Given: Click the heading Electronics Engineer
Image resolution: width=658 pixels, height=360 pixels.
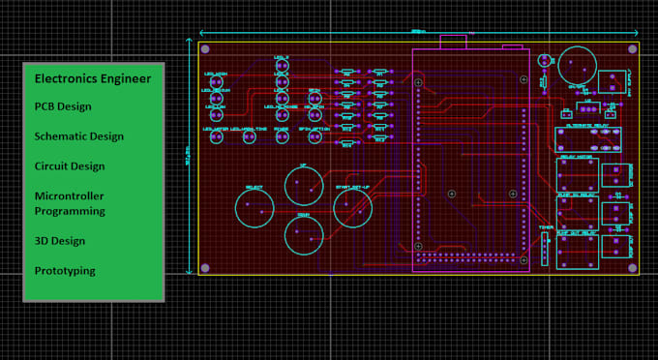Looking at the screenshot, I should click(92, 77).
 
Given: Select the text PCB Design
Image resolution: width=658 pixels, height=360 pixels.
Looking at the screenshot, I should click(63, 106).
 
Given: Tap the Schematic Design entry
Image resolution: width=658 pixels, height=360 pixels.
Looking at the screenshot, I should click(79, 136).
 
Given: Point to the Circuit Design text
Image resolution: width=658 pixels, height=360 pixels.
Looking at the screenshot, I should click(70, 166).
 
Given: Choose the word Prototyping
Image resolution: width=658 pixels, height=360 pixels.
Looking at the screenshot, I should click(65, 271).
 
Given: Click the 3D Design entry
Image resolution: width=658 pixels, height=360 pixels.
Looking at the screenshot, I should click(60, 241).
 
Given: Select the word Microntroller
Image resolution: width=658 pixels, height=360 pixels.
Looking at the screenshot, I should click(70, 196).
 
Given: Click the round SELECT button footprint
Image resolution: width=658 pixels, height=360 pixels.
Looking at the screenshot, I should click(255, 208).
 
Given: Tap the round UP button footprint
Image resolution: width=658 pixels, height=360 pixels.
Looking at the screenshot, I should click(303, 185).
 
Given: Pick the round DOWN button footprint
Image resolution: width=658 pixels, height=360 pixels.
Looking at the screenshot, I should click(304, 233).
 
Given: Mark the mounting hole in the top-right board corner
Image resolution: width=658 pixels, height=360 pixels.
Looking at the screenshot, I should click(633, 49).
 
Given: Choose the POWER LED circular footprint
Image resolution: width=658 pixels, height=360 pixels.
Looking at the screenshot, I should click(281, 136).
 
